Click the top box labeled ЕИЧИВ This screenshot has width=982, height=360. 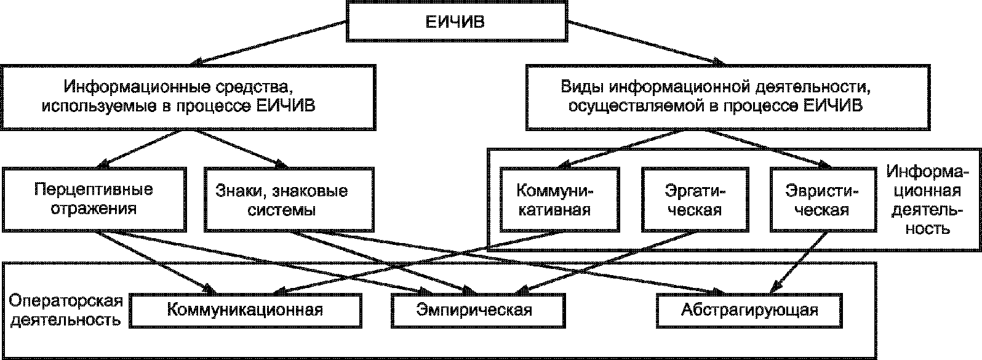pos(456,22)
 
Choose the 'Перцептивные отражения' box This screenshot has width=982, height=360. pos(94,199)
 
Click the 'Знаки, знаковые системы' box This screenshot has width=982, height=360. pos(282,199)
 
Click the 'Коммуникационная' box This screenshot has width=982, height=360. pos(245,310)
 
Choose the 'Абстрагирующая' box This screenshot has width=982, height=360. pos(749,310)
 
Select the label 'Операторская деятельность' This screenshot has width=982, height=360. pos(66,311)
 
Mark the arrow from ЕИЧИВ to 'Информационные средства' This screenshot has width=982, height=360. pos(271,44)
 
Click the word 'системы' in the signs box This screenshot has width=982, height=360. pos(281,209)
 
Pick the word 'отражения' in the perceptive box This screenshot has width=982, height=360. pos(94,208)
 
